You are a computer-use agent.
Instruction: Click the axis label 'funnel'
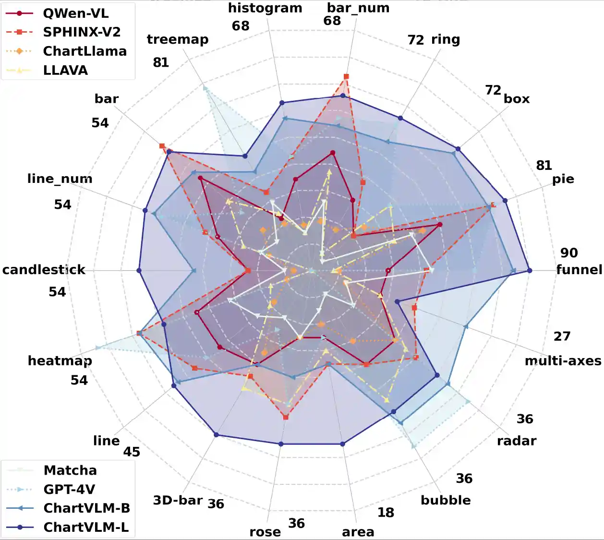(x=579, y=270)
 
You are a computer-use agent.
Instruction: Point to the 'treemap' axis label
(x=178, y=39)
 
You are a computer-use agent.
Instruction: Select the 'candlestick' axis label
(x=44, y=270)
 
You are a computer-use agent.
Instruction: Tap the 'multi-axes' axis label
(x=563, y=361)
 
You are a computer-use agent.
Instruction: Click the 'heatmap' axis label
(x=60, y=360)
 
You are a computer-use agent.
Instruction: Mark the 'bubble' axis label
(x=446, y=500)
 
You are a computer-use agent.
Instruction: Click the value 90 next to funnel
(x=569, y=253)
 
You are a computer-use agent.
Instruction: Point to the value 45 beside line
(x=132, y=452)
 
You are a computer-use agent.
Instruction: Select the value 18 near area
(x=386, y=513)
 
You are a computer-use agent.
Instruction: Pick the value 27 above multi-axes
(x=562, y=336)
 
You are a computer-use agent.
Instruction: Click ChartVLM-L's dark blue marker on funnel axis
(x=530, y=271)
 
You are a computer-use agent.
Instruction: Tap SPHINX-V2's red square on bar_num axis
(x=346, y=77)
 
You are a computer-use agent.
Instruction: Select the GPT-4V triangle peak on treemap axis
(x=205, y=88)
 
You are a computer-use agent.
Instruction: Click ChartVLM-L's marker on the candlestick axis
(x=139, y=271)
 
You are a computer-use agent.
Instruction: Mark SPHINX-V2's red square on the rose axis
(x=286, y=418)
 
